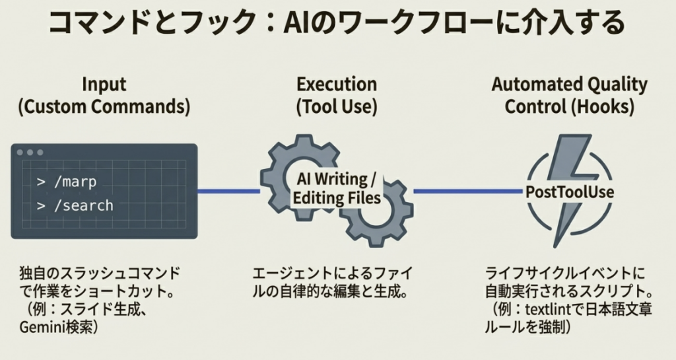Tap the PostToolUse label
(x=569, y=192)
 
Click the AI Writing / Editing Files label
(x=337, y=188)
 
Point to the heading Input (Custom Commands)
(x=104, y=96)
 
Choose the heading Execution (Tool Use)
(x=337, y=96)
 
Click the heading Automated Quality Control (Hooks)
(x=569, y=96)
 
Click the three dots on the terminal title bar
(x=30, y=152)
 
